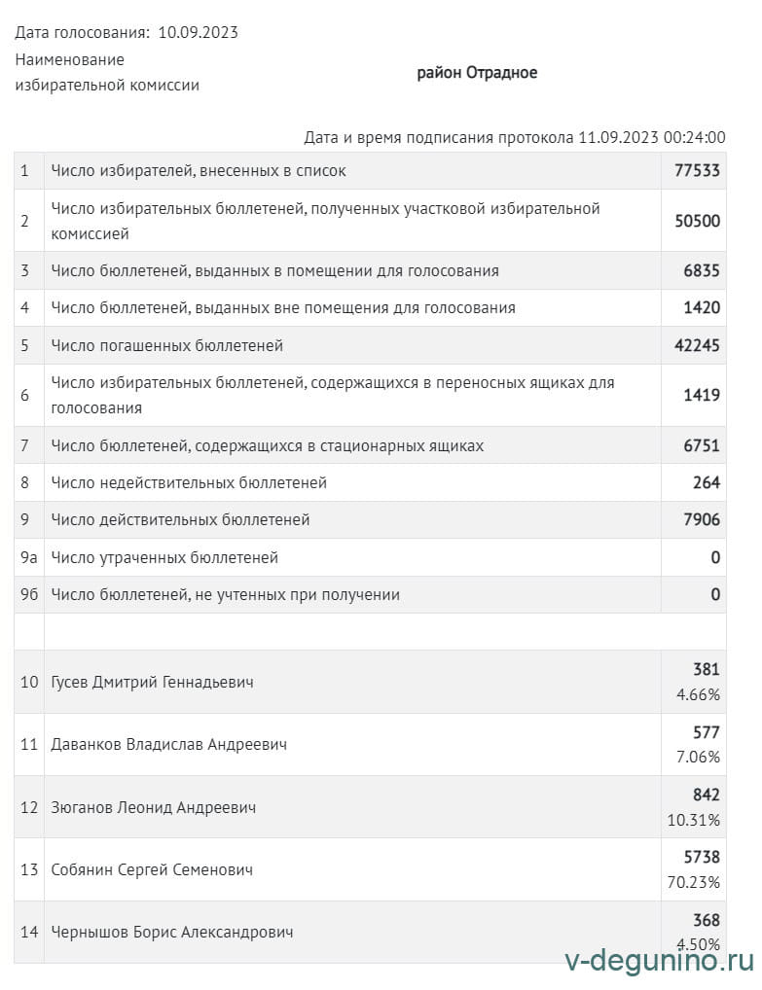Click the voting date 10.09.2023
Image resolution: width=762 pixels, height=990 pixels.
click(x=198, y=33)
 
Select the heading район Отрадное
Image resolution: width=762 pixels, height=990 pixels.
click(x=477, y=73)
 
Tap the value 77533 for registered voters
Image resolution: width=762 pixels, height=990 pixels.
click(x=697, y=170)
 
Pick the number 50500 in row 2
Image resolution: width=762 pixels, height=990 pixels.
click(x=697, y=221)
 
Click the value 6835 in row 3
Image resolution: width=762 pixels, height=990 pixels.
click(x=702, y=271)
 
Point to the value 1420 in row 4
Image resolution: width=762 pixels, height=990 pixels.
click(x=702, y=308)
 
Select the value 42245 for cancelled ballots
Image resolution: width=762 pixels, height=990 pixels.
click(x=697, y=345)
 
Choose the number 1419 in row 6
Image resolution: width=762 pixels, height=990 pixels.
click(x=702, y=396)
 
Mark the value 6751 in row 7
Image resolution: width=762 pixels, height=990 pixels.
click(x=702, y=445)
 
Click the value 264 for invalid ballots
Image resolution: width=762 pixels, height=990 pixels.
click(x=707, y=482)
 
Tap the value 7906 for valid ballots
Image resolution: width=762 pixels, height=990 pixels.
click(x=702, y=520)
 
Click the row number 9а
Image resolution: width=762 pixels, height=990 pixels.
click(x=29, y=557)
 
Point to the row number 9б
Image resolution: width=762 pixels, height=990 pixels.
click(x=29, y=594)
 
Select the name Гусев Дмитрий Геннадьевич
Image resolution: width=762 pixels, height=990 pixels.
click(x=152, y=683)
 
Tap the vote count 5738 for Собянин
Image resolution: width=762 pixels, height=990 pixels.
click(x=701, y=858)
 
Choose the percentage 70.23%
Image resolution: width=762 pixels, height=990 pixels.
click(x=694, y=882)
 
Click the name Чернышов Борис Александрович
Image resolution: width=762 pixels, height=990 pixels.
click(x=172, y=932)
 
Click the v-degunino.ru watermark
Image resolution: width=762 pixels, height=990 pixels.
click(x=659, y=962)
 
